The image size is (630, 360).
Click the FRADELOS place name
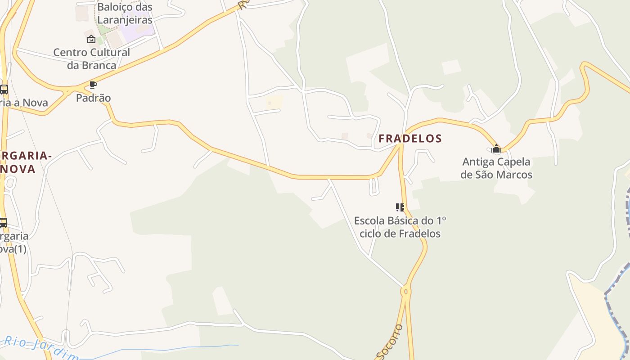410,138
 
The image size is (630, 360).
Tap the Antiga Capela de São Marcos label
496,168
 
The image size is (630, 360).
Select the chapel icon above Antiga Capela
496,148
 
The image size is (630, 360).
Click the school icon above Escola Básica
400,207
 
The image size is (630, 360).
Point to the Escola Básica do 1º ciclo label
400,227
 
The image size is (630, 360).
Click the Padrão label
93,98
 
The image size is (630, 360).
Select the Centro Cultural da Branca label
92,58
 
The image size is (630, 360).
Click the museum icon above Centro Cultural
91,39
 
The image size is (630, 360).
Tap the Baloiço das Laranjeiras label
125,13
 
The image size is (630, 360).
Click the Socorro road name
390,342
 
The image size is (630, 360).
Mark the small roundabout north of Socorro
405,292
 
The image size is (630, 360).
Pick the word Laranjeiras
125,20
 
